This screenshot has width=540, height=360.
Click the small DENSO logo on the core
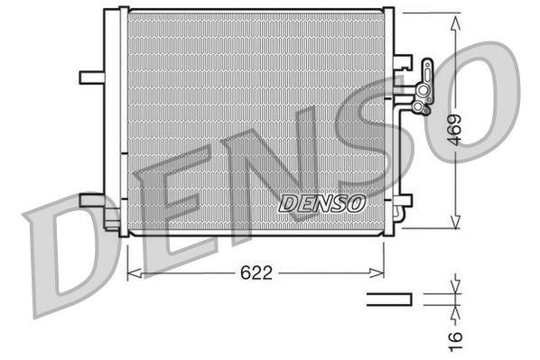coord(321,203)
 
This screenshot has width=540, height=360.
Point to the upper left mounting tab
coord(91,77)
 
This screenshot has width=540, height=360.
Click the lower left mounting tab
coord(92,199)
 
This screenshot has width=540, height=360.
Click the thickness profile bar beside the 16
coord(388,298)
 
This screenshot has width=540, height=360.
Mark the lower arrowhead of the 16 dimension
coord(452,307)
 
